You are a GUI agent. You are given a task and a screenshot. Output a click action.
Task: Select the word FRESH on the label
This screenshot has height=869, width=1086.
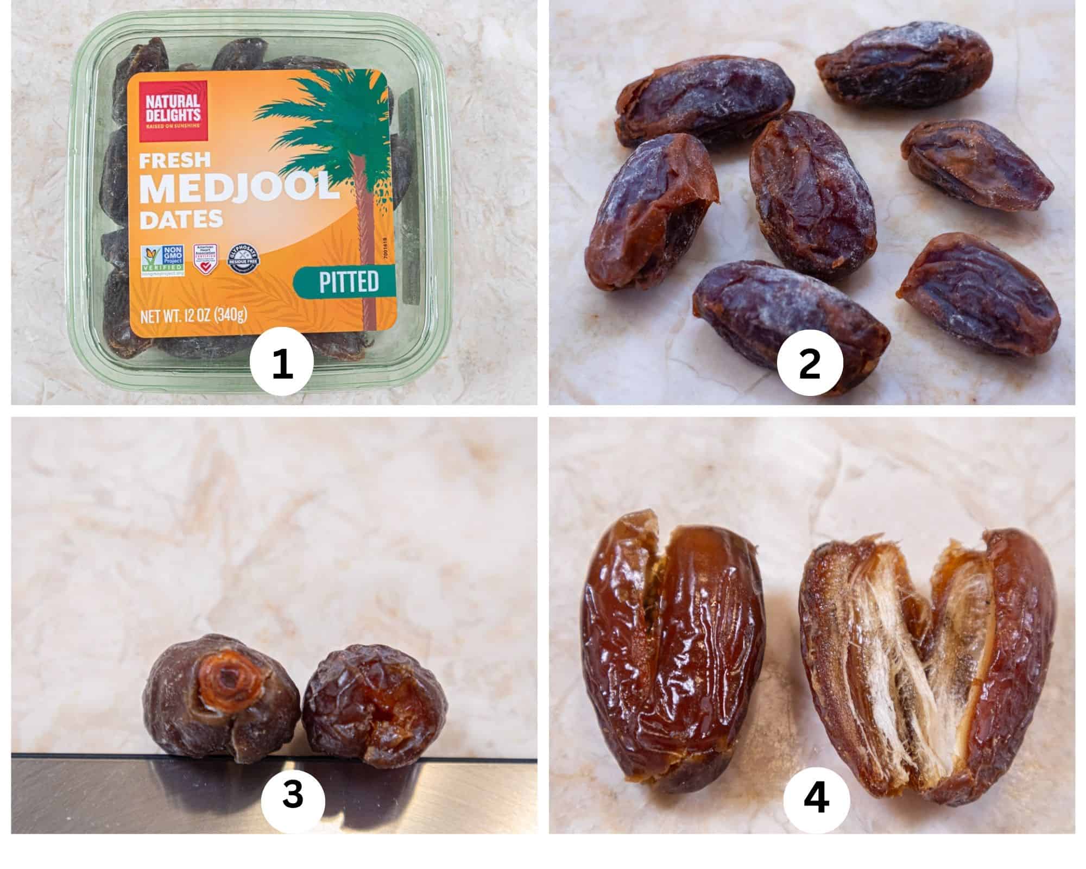click(x=174, y=160)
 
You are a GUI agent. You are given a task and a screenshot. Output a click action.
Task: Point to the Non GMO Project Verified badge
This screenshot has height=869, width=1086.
click(x=162, y=262)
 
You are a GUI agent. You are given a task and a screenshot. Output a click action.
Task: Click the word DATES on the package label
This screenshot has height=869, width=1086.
click(x=181, y=219)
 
